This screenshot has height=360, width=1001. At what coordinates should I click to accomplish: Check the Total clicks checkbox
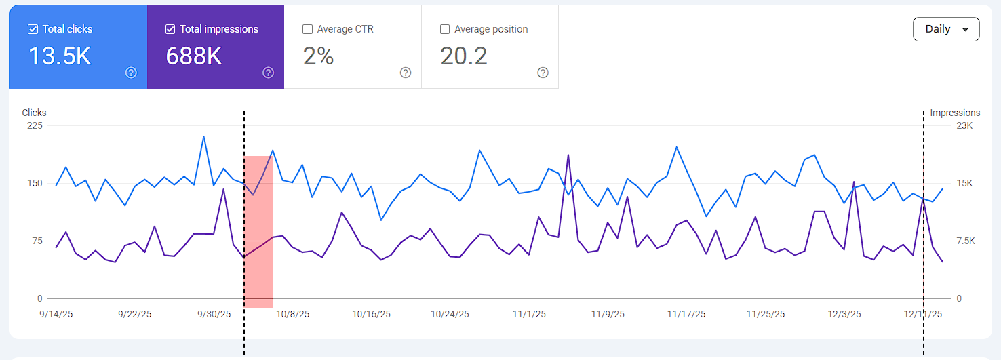(x=33, y=29)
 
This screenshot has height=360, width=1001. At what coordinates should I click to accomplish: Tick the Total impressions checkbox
(x=170, y=29)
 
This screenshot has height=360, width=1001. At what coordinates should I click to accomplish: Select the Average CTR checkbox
(x=307, y=29)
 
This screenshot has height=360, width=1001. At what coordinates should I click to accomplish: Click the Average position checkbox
(x=445, y=29)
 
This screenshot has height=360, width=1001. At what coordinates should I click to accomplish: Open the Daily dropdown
(x=946, y=29)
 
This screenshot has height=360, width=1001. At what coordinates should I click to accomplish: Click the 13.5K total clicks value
(x=60, y=56)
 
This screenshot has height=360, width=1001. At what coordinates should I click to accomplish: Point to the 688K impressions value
(x=193, y=56)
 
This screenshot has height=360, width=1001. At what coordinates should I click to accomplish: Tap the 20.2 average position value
(x=464, y=56)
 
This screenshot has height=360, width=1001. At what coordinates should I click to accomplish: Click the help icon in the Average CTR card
(x=406, y=73)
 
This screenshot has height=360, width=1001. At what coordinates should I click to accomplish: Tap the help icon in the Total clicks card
(x=131, y=73)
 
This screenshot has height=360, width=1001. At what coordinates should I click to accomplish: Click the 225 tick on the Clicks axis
(x=35, y=125)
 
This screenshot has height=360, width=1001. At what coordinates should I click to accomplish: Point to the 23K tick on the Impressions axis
(x=964, y=125)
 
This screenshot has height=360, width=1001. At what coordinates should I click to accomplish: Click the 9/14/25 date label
(x=56, y=314)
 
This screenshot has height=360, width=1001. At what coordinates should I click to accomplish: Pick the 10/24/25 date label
(x=450, y=314)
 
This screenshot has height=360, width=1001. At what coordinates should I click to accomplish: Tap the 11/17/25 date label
(x=686, y=314)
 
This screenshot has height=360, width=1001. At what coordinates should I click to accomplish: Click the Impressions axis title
(x=955, y=113)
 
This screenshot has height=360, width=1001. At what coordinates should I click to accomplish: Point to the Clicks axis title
(x=34, y=113)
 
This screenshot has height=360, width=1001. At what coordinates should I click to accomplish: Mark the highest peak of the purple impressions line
(x=568, y=155)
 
